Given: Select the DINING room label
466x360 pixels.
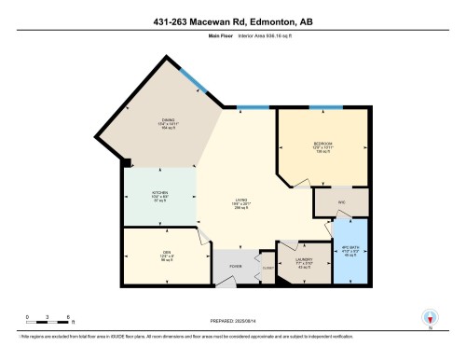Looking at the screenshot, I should click(x=169, y=124).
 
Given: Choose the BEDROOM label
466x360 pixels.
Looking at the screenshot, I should click(x=322, y=146).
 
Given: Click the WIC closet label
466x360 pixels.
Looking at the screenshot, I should click(x=342, y=201).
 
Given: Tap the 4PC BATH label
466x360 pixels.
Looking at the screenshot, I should click(x=350, y=251).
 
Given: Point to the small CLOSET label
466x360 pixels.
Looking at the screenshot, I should click(x=267, y=269).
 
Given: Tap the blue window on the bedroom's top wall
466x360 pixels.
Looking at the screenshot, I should click(x=325, y=106).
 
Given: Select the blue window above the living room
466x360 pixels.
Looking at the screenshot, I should click(x=250, y=106).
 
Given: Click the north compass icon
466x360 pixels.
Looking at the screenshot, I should click(x=430, y=317).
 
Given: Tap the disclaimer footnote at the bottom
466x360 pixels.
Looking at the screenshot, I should click(x=233, y=335).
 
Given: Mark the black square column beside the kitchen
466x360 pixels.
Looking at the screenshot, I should click(x=126, y=163).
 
